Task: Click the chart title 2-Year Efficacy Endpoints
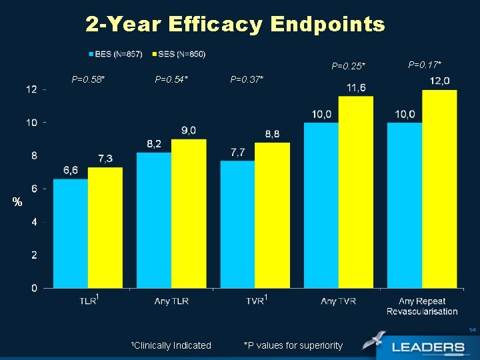point(235,25)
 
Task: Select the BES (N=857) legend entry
point(115,53)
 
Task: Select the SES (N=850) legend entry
point(179,53)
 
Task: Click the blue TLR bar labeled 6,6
point(71,233)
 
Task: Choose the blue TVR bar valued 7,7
point(237,225)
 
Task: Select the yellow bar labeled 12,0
point(439,189)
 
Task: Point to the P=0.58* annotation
point(89,79)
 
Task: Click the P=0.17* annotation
point(425,65)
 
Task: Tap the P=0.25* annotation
point(349,66)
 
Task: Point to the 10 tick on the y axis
point(31,123)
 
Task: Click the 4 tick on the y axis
point(33,222)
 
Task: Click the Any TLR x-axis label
point(171,301)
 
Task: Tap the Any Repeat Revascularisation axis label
point(422,306)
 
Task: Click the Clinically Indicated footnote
point(171,345)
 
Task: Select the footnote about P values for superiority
point(293,345)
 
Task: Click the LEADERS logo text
point(428,347)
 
